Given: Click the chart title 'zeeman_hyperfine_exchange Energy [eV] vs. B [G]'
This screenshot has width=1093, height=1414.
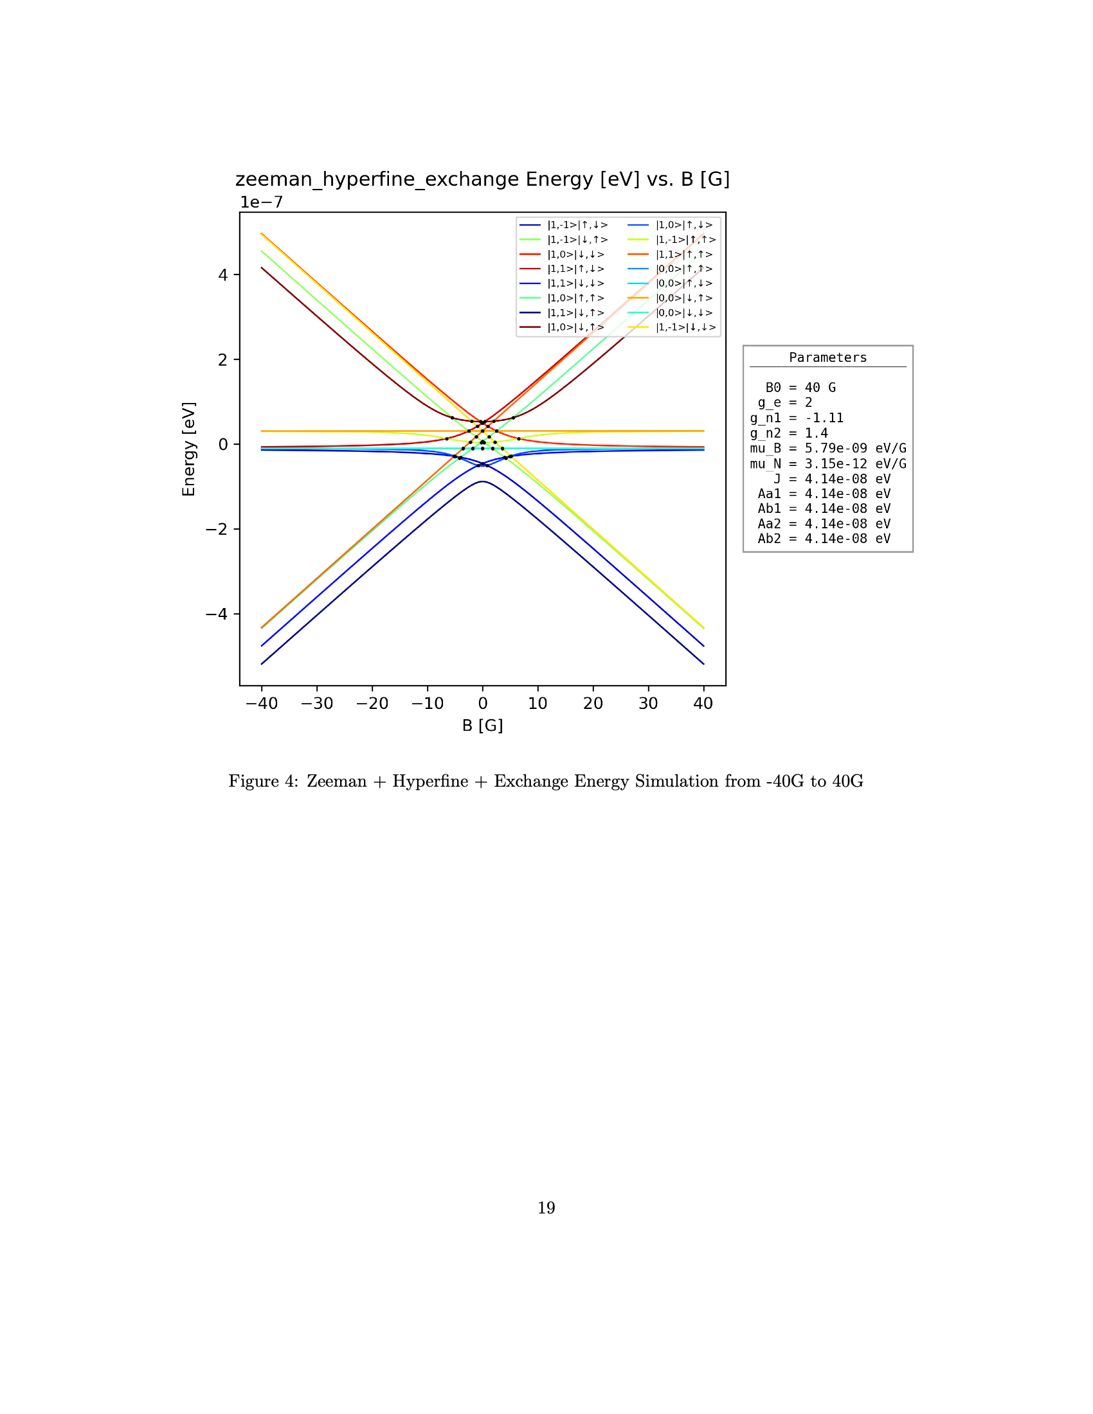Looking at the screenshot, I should click(482, 179).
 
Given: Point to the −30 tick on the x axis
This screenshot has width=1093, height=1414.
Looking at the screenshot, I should click(316, 703).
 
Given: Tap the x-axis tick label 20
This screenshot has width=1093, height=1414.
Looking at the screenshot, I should click(593, 703).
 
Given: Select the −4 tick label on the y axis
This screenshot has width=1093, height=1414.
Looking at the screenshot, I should click(217, 614).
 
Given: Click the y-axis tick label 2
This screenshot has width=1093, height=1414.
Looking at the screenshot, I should click(222, 360).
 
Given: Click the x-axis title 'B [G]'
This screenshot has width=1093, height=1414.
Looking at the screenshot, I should click(482, 725).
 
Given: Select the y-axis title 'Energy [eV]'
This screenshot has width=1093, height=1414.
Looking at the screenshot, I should click(188, 449).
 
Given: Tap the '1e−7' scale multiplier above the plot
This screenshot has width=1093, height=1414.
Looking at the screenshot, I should click(262, 202).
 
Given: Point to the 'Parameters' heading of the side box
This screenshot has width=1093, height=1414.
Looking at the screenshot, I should click(827, 358).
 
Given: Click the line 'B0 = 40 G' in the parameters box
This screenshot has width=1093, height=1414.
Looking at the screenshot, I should click(800, 388).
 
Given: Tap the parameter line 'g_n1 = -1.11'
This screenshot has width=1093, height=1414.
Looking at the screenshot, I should click(797, 418).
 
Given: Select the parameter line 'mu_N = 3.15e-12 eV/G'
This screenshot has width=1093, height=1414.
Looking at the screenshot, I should click(827, 464).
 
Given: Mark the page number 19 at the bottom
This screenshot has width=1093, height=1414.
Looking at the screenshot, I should click(546, 1208).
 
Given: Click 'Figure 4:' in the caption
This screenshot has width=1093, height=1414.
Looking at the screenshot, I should click(263, 782).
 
